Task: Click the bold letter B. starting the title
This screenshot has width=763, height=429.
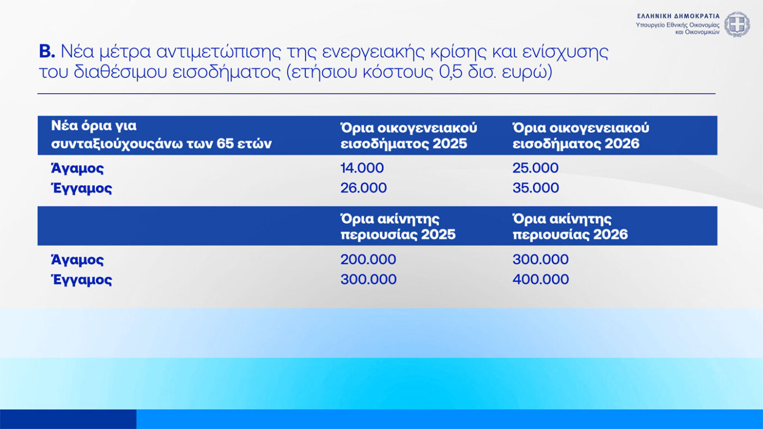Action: [x=47, y=52]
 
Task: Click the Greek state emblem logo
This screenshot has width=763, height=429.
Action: [x=737, y=25]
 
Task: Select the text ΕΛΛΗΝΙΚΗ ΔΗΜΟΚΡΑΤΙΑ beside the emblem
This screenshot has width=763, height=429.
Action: [x=678, y=16]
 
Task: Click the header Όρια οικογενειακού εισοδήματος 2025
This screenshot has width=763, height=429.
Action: [x=408, y=136]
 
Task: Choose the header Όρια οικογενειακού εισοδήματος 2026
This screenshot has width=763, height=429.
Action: [x=581, y=136]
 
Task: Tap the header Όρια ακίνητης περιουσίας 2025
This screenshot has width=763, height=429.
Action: [x=398, y=227]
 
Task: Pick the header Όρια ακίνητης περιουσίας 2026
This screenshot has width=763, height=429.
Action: [x=570, y=227]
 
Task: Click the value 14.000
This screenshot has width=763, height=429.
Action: [x=362, y=168]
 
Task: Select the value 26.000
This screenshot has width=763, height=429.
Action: [x=364, y=188]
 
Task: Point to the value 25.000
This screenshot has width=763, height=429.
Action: [x=535, y=168]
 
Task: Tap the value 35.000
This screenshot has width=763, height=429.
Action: [x=536, y=188]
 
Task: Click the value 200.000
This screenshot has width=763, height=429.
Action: [x=368, y=260]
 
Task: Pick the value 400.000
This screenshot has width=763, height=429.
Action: [x=540, y=279]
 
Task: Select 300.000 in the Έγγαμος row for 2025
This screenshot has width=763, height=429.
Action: [x=368, y=279]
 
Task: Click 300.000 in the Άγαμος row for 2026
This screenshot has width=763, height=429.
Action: [x=540, y=260]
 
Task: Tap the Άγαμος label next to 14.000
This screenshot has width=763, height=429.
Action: [x=77, y=168]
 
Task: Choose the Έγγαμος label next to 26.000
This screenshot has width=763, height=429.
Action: [x=81, y=188]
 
